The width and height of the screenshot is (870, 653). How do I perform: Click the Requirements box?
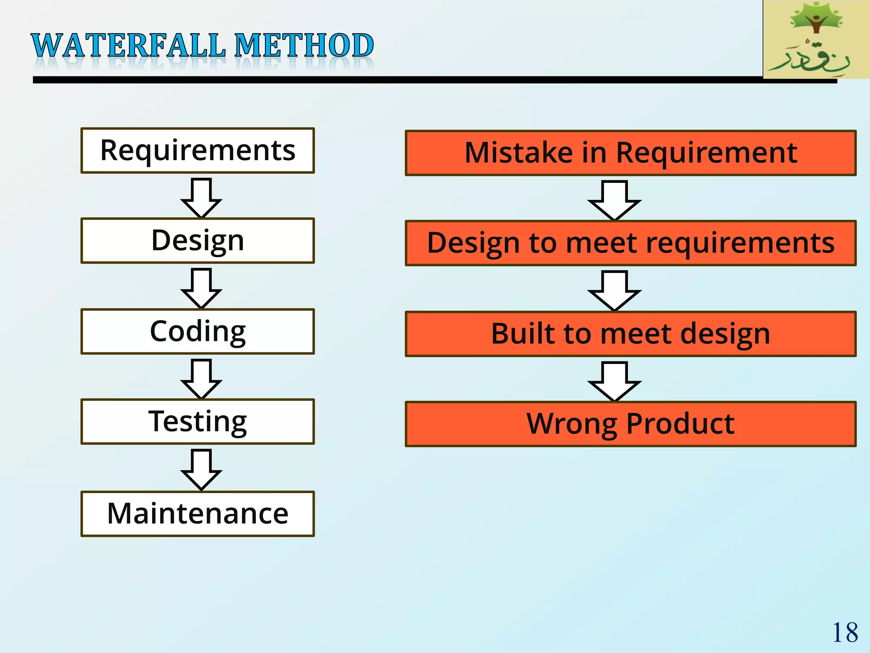(x=198, y=150)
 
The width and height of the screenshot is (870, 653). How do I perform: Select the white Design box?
(x=198, y=241)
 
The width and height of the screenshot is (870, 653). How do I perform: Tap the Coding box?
(x=198, y=332)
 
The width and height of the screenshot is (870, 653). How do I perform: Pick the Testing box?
(x=198, y=422)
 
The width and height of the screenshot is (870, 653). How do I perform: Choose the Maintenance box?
(x=198, y=514)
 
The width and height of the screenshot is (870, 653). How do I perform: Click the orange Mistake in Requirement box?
(x=630, y=153)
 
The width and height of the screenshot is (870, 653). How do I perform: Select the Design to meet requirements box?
(x=630, y=243)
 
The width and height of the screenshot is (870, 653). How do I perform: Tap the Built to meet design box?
(x=630, y=334)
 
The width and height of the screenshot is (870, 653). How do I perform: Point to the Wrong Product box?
(x=630, y=424)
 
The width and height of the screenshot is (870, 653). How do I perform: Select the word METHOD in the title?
(x=304, y=45)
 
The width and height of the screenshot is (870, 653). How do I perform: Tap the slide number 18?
(x=845, y=633)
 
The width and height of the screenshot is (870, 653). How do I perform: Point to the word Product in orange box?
(x=680, y=424)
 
